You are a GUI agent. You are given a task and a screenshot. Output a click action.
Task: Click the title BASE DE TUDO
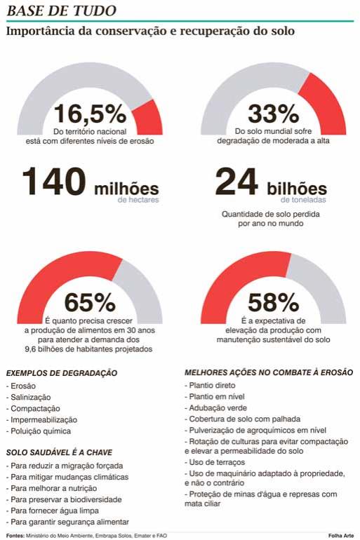pyautogui.click(x=61, y=11)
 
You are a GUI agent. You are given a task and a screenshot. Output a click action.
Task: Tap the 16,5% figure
pyautogui.click(x=90, y=114)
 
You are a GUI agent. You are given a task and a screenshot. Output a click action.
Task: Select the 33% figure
pyautogui.click(x=273, y=114)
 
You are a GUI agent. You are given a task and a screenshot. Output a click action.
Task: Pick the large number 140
pyautogui.click(x=54, y=181)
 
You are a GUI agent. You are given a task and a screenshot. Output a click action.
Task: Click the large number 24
pyautogui.click(x=236, y=181)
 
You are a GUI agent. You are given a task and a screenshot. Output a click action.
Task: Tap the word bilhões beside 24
pyautogui.click(x=297, y=189)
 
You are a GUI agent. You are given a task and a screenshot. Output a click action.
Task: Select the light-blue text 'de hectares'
pyautogui.click(x=138, y=200)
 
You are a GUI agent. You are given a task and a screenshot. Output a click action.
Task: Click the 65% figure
pyautogui.click(x=90, y=302)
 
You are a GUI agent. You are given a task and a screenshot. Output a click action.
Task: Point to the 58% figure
pyautogui.click(x=273, y=302)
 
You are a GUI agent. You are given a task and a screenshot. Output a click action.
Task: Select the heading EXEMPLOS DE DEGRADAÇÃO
pyautogui.click(x=62, y=373)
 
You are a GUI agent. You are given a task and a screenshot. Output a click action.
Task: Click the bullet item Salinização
pyautogui.click(x=28, y=397)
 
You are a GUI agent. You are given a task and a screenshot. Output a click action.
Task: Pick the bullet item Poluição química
pyautogui.click(x=39, y=431)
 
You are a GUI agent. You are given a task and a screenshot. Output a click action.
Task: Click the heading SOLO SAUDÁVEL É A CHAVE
pyautogui.click(x=59, y=452)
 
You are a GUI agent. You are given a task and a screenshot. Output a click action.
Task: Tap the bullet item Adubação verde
pyautogui.click(x=215, y=407)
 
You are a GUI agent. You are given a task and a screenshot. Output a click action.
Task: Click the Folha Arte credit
pyautogui.click(x=341, y=536)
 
